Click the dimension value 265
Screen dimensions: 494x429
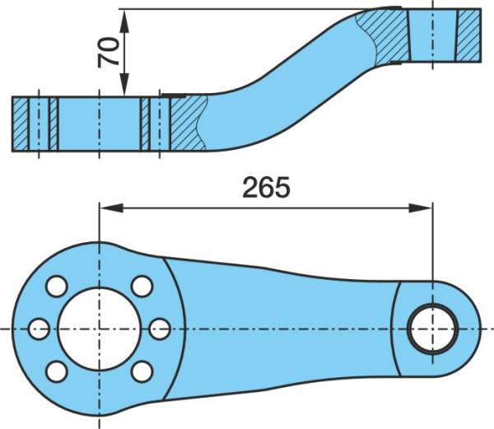266,188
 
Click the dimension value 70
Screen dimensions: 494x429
109,52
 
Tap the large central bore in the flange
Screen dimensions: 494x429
100,329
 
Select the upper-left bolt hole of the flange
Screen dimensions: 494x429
57,286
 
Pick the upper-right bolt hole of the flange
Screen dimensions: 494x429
142,286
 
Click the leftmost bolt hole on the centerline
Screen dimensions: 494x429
39,329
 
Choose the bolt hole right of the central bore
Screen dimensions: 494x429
160,329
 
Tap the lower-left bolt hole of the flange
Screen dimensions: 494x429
57,371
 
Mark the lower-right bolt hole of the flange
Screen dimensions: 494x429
142,371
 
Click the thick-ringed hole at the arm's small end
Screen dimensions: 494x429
432,329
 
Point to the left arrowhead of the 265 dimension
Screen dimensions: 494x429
111,208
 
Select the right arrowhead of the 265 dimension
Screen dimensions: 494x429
421,208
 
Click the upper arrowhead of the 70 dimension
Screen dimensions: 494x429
124,21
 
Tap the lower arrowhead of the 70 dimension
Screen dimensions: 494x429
124,85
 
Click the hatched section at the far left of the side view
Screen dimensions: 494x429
21,124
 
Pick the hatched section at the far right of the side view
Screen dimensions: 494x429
468,35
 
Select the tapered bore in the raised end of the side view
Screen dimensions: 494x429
433,35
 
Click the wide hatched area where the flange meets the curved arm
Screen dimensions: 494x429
187,124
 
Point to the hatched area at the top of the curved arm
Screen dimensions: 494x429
383,35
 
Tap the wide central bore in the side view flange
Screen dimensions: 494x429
100,124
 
